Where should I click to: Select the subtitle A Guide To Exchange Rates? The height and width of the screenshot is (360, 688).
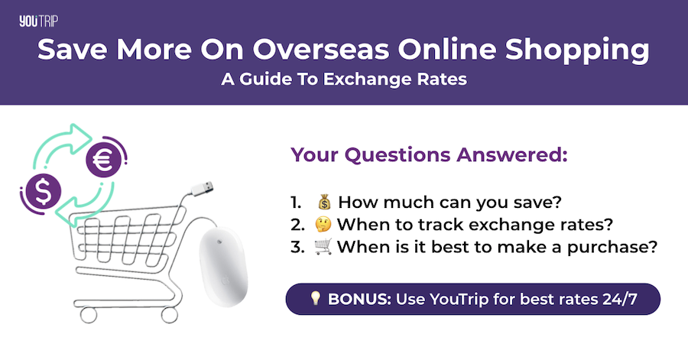(344, 80)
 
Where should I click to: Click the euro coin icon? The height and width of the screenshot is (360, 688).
(101, 160)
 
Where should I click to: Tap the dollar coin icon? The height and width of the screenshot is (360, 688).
(44, 193)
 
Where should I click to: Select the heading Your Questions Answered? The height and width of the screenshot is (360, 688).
(429, 155)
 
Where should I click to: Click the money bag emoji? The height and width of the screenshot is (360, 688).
(324, 203)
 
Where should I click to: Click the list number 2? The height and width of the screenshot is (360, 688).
(296, 225)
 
